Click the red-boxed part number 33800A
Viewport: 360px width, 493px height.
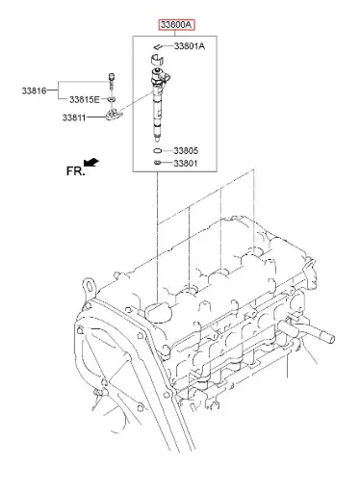pyautogui.click(x=176, y=24)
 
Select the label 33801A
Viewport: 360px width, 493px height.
pyautogui.click(x=190, y=46)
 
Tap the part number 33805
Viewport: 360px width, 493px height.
pyautogui.click(x=186, y=150)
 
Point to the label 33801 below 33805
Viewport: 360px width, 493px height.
pyautogui.click(x=186, y=164)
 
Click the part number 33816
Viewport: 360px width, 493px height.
pyautogui.click(x=34, y=91)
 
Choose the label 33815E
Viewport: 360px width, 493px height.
pyautogui.click(x=85, y=100)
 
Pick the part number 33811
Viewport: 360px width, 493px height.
pyautogui.click(x=74, y=117)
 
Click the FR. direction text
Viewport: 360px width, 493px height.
pyautogui.click(x=76, y=171)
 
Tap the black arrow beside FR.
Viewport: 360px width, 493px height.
pyautogui.click(x=91, y=162)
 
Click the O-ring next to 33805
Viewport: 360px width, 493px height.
pyautogui.click(x=157, y=150)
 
